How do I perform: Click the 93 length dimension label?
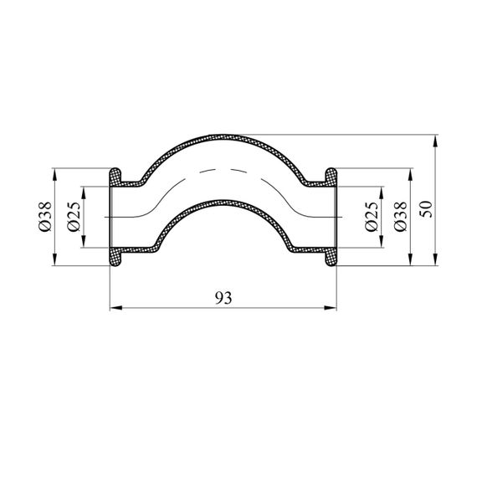223,298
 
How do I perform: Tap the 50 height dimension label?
426,209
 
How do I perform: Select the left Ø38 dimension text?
46,217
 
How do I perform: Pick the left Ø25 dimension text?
74,217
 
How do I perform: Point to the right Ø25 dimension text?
372,217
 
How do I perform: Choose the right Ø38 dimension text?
400,217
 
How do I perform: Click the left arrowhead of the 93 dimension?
116,308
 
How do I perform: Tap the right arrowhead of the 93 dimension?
331,308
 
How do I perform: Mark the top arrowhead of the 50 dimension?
436,141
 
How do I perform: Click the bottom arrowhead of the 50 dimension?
436,259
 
